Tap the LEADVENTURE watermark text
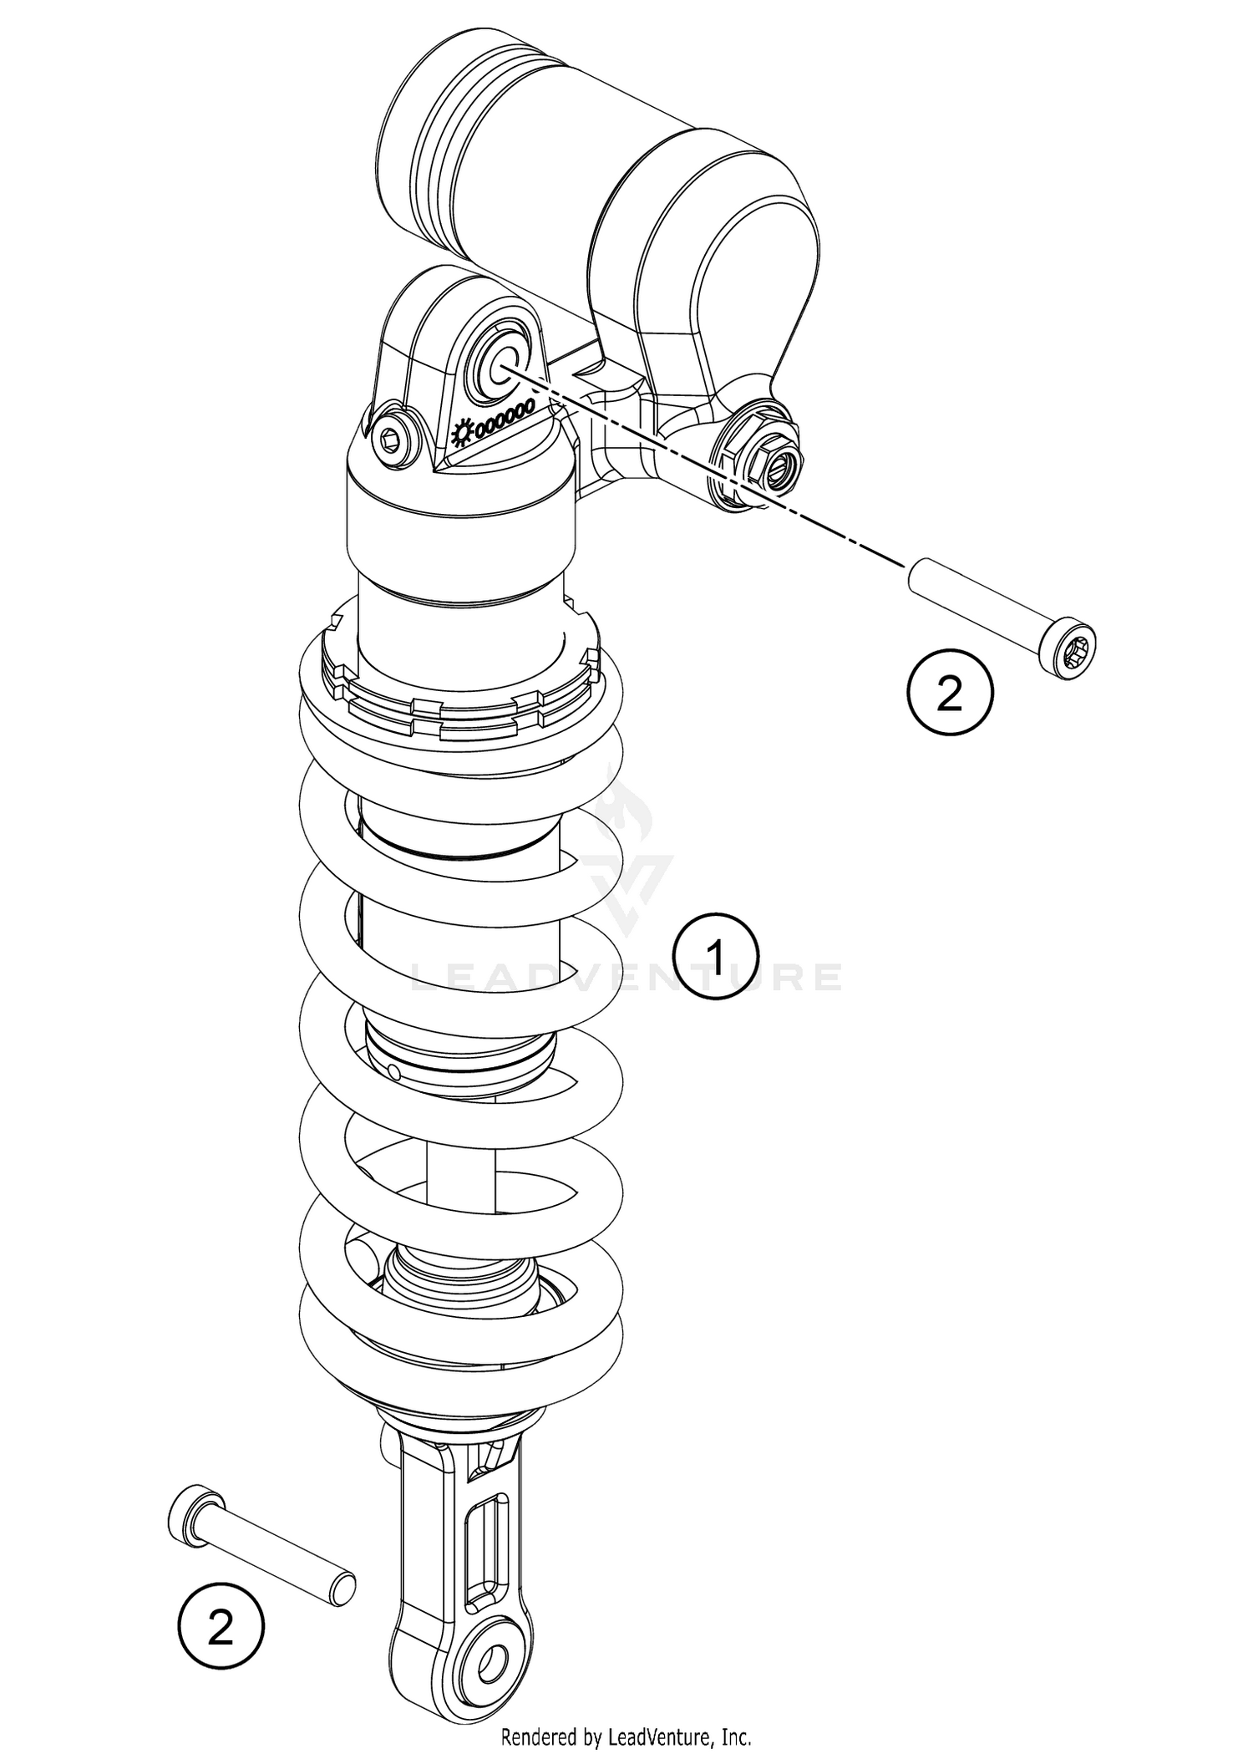pyautogui.click(x=626, y=977)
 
